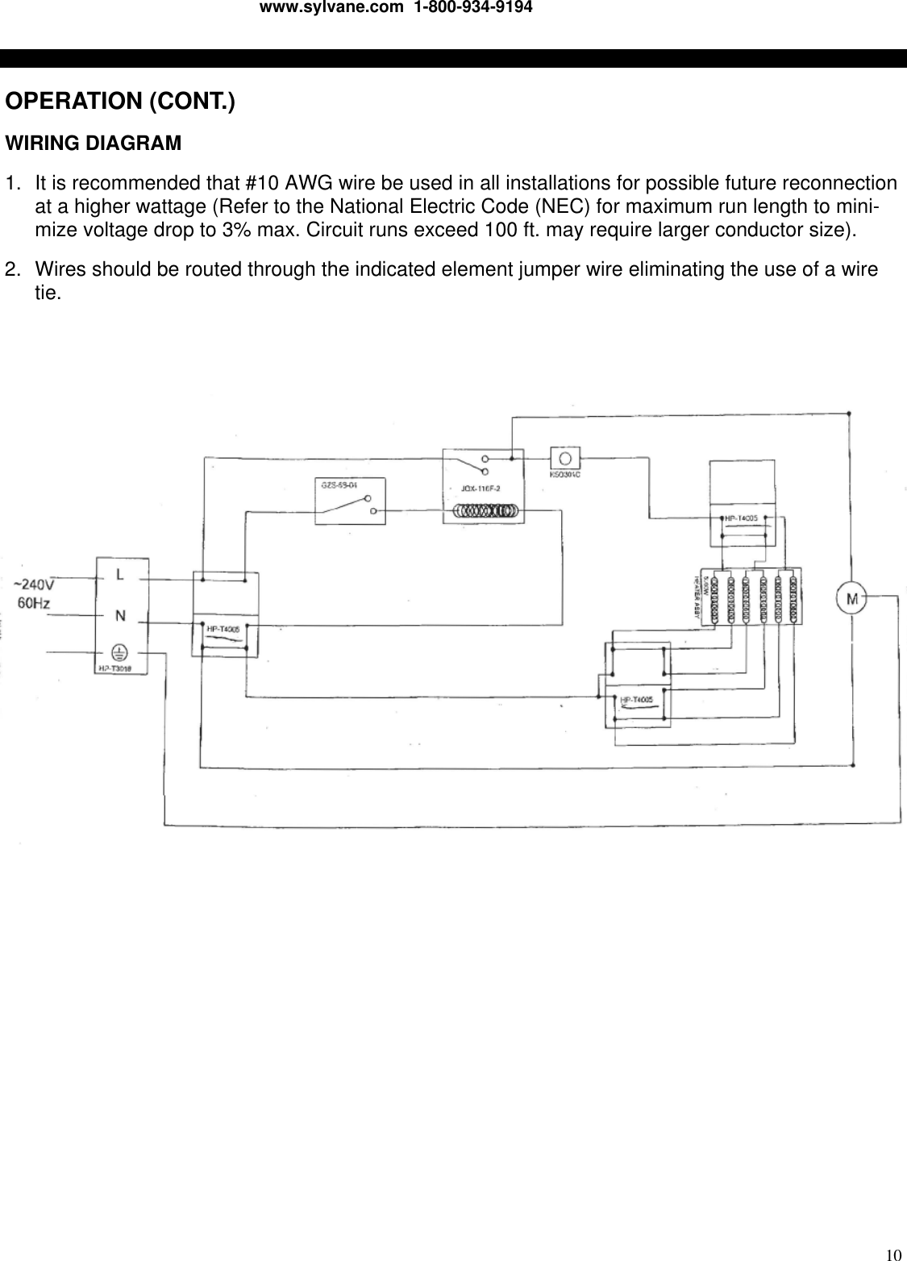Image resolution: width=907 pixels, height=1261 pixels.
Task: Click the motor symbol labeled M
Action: click(x=852, y=597)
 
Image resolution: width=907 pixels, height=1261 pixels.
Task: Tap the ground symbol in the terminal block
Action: click(x=120, y=653)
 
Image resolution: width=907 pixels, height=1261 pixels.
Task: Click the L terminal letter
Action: click(x=119, y=575)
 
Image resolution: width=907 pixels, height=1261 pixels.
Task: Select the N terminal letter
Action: click(x=120, y=615)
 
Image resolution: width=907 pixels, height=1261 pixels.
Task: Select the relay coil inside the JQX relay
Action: click(x=485, y=510)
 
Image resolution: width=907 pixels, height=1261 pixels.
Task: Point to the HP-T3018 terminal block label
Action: click(x=114, y=668)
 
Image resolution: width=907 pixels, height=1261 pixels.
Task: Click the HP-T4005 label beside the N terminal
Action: click(x=223, y=628)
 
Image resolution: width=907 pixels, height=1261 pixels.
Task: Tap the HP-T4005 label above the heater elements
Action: click(x=740, y=518)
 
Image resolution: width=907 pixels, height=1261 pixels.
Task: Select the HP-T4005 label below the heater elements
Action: click(x=635, y=700)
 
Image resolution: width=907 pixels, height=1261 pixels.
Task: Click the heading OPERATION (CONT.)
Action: click(x=120, y=102)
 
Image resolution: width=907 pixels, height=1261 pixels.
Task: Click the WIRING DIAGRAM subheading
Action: click(x=94, y=144)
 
